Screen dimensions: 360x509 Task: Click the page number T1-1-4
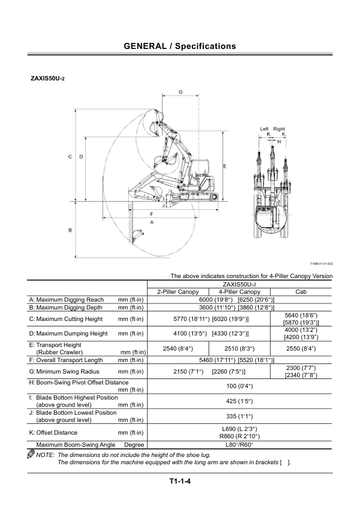coord(180,481)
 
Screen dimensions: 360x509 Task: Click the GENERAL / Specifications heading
coord(180,46)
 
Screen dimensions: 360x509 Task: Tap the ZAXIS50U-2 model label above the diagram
coord(47,78)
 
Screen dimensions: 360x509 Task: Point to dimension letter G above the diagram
coord(181,92)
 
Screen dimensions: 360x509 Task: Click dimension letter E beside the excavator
coord(225,166)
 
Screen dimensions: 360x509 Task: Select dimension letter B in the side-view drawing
coord(70,230)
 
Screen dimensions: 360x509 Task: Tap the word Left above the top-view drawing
coord(264,129)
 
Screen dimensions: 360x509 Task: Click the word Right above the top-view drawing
coord(279,129)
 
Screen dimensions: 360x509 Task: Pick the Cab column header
coord(301,292)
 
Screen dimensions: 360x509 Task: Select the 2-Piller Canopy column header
coord(178,292)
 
